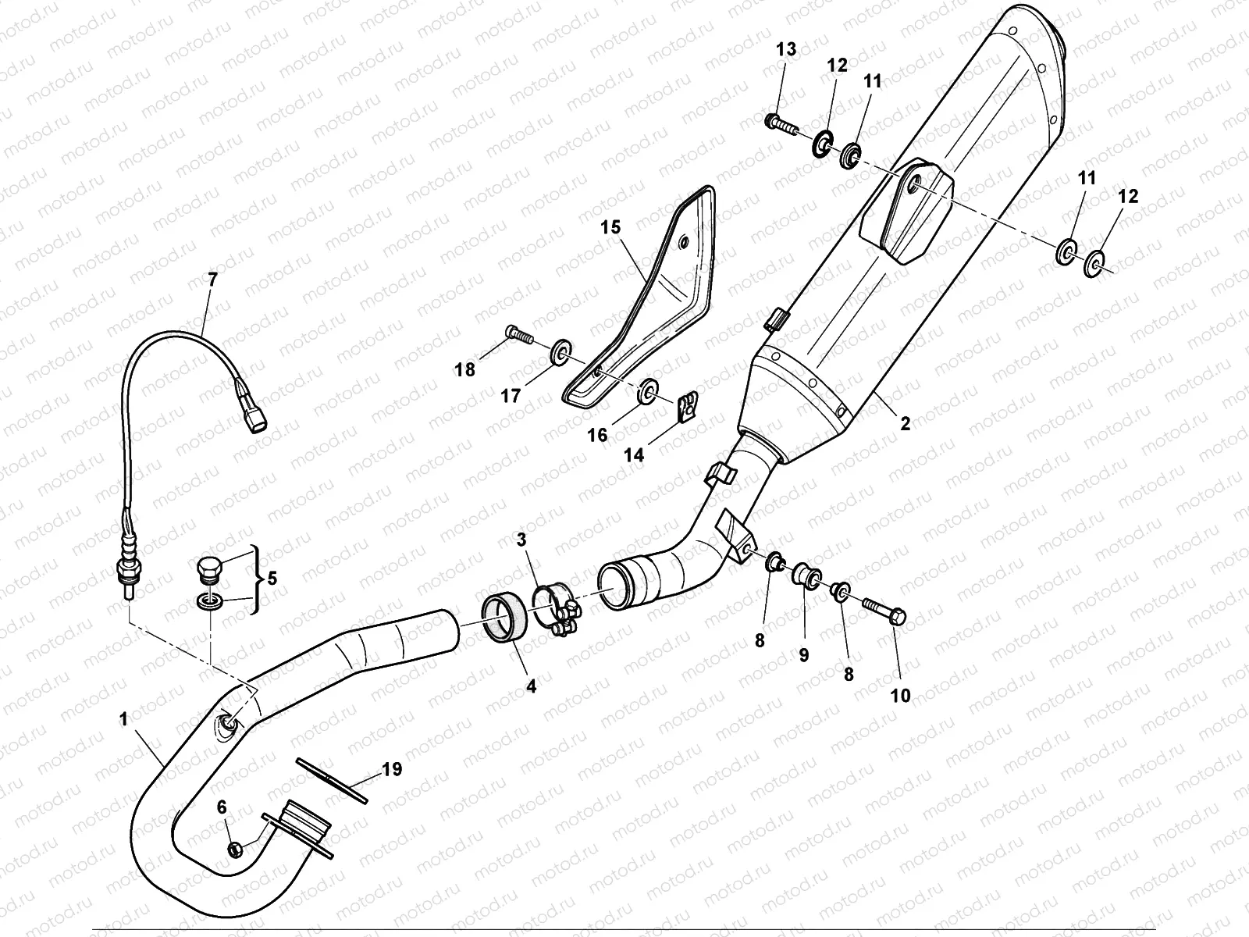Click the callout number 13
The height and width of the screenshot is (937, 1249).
[786, 50]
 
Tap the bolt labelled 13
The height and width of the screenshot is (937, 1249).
[780, 123]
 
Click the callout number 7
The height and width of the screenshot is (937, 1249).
[213, 277]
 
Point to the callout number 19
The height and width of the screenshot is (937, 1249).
[392, 770]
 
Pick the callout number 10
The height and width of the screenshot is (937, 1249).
[900, 695]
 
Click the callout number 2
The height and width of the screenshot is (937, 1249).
[905, 424]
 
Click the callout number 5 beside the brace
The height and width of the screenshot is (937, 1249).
[272, 579]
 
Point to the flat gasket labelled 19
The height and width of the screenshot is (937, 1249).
[332, 778]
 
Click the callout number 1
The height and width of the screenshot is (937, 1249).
[123, 719]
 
